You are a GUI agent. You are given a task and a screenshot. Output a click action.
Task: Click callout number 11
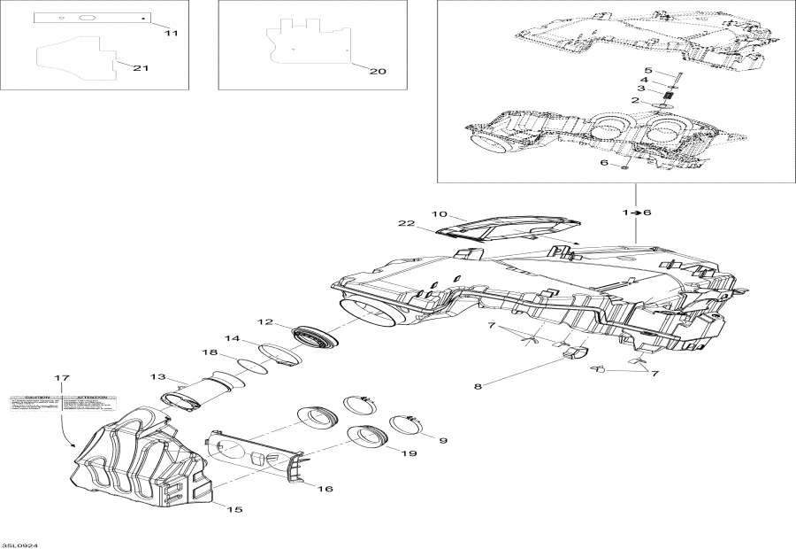[x=172, y=33]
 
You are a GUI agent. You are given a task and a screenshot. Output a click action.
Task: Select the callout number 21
[x=140, y=68]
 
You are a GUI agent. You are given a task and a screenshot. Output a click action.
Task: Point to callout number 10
[x=440, y=214]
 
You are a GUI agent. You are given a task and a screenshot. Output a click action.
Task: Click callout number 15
[x=234, y=509]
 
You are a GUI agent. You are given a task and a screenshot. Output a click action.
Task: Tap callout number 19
[x=409, y=453]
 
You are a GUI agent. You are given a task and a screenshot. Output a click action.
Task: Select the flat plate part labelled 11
[x=93, y=19]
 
